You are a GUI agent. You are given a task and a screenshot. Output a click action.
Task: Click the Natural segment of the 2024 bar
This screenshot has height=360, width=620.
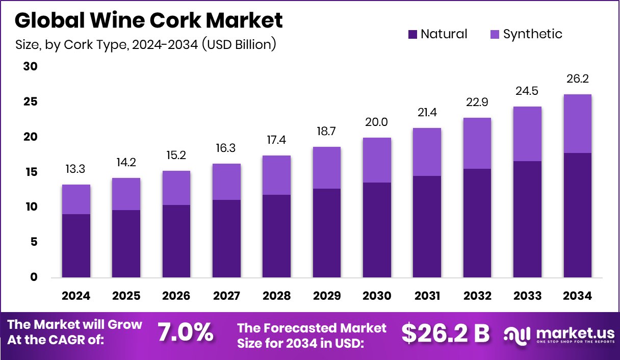[x=76, y=246]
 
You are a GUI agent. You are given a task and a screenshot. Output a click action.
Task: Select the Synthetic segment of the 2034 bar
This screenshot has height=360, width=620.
[x=577, y=123]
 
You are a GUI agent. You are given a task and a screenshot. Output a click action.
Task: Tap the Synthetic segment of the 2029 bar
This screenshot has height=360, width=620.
[x=326, y=168]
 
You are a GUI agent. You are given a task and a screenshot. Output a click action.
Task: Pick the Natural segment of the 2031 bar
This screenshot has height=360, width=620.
[x=427, y=227]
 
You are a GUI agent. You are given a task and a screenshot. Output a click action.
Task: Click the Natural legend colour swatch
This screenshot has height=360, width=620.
[x=413, y=34]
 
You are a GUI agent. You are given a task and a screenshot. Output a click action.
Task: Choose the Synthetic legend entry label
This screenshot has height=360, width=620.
[x=532, y=34]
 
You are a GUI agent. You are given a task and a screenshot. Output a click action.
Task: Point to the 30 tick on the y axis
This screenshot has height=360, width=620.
[x=31, y=67]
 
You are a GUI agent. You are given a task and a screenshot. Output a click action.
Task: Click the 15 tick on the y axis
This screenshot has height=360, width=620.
[x=31, y=172]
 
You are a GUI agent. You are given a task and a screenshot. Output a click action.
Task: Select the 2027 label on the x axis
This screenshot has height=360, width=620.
[x=226, y=296]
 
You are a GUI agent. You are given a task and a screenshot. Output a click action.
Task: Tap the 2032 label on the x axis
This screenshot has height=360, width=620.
[x=477, y=296]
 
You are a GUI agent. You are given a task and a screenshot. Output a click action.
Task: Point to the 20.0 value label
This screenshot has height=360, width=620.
[x=377, y=122]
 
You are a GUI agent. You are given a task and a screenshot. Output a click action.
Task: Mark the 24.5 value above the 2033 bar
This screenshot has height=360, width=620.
[x=527, y=91]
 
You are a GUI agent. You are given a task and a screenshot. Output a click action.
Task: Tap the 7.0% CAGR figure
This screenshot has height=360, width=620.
[x=185, y=332]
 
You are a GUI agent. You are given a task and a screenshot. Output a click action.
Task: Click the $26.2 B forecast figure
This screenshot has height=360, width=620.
[x=445, y=333]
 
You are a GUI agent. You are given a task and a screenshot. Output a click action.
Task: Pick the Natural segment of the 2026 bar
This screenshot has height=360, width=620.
[x=176, y=241]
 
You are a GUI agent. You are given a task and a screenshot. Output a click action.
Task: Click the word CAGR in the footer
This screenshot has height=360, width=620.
[x=79, y=340]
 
